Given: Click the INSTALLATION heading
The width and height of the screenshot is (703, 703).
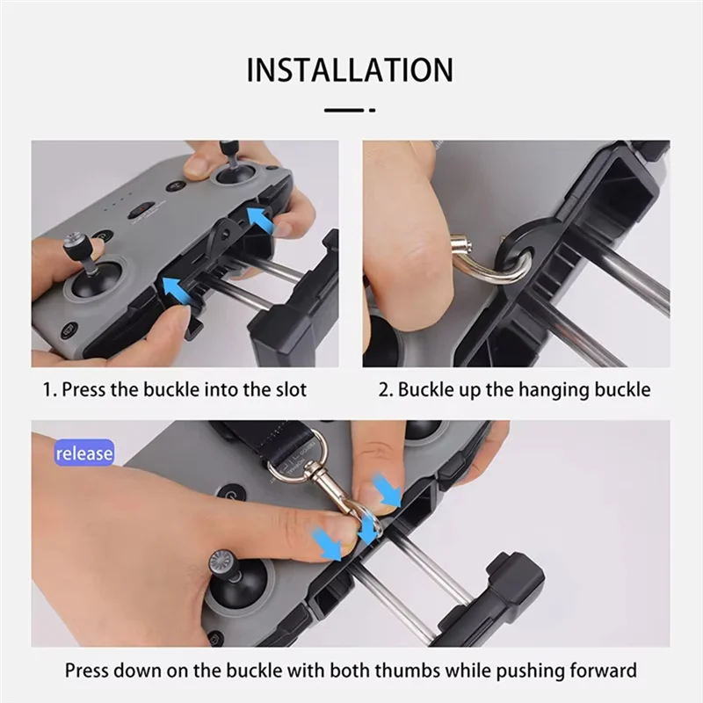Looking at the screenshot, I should pos(350,69).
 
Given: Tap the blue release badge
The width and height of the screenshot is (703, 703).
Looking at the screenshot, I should pos(84,453).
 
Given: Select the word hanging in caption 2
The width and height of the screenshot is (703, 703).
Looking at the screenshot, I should pos(545,389).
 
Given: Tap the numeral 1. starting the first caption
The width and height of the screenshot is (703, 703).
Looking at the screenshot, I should pos(50,389).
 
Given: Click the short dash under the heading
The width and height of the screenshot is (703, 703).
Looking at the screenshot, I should pos(350,110).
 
